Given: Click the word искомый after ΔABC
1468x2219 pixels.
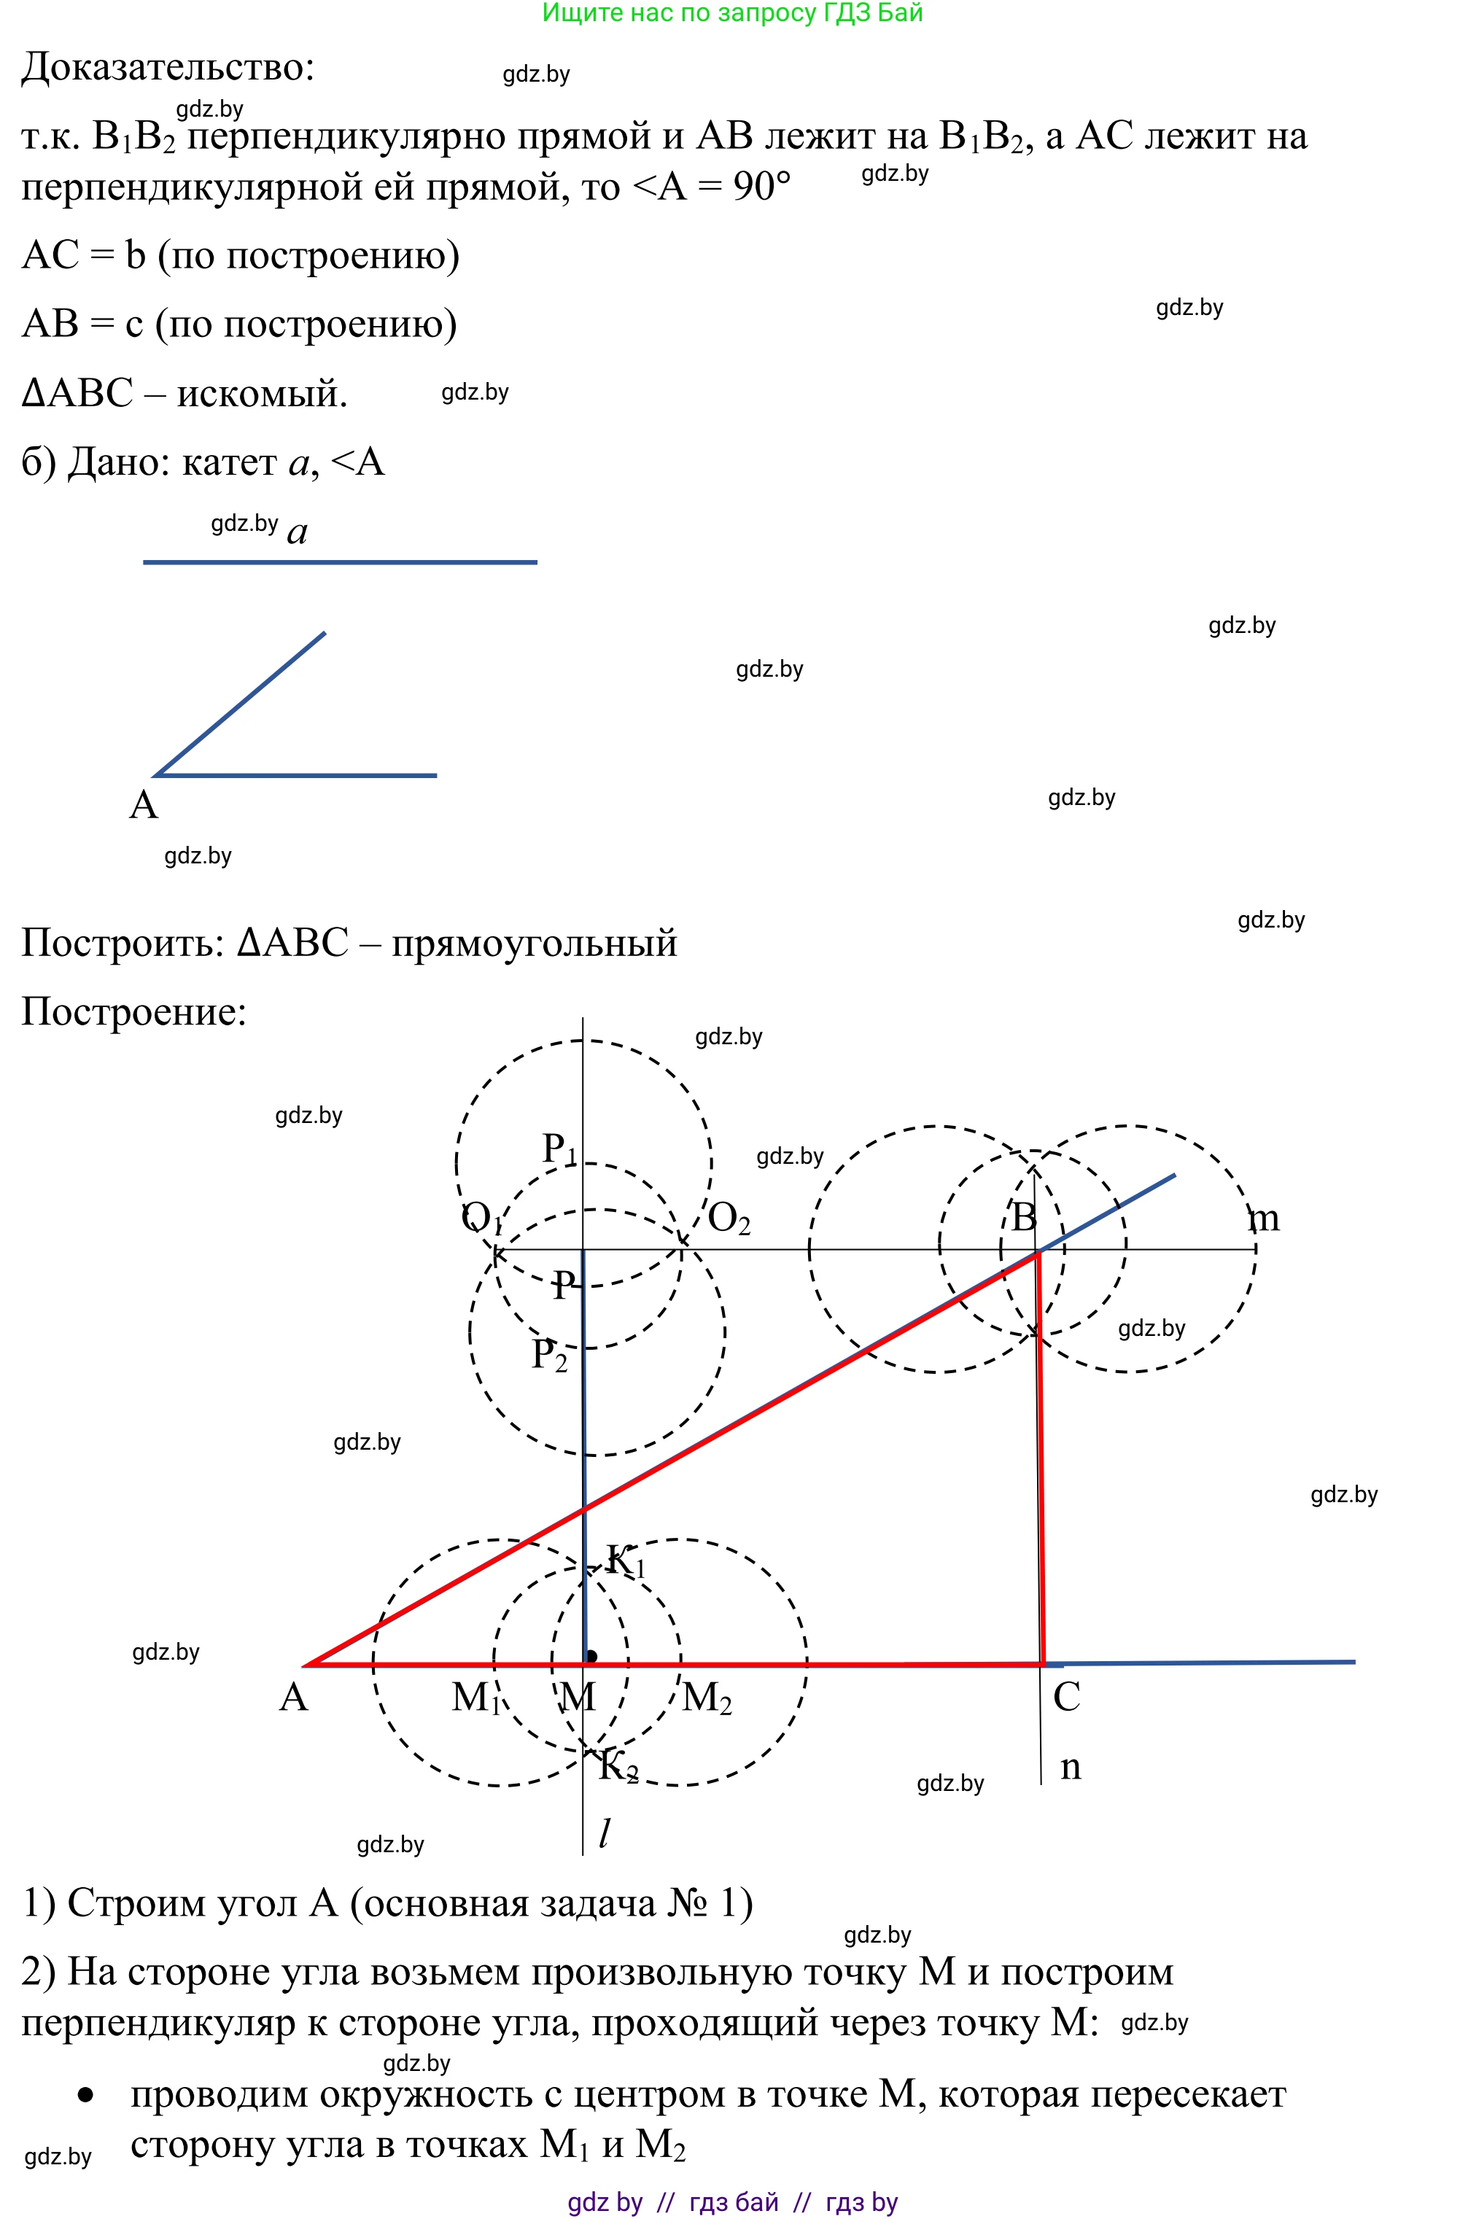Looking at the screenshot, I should (262, 393).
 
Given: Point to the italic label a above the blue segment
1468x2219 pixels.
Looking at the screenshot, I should (297, 532).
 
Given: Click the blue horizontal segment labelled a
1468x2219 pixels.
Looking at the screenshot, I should (339, 562).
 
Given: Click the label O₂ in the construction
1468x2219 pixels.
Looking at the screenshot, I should (729, 1218).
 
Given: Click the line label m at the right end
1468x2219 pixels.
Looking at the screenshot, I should (1264, 1219).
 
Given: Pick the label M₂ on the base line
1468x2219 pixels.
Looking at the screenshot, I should (707, 1698).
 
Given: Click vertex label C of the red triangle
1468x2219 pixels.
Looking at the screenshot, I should (1066, 1698).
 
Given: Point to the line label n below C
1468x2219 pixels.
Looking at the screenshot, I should (1070, 1767).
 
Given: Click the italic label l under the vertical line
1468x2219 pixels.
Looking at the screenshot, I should (605, 1833).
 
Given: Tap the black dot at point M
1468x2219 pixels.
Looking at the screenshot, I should (591, 1658).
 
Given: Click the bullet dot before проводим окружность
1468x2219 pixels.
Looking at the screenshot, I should (86, 2094).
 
